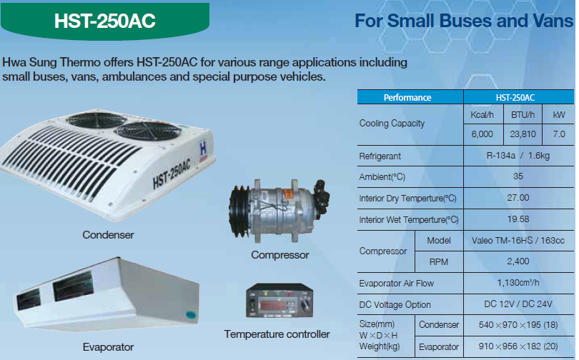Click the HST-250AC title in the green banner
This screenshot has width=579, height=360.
click(105, 21)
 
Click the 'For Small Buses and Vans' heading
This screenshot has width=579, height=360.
click(464, 21)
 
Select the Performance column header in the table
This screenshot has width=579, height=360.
click(407, 98)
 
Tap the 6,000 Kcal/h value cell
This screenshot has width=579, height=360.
click(482, 134)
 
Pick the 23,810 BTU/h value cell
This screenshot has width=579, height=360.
click(523, 134)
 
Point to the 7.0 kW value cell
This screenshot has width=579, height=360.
click(559, 134)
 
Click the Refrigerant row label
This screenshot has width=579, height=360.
click(380, 156)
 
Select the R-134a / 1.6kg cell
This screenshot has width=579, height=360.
click(518, 156)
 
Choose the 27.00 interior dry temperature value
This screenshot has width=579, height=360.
click(518, 198)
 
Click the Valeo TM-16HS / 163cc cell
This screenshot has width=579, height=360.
click(518, 241)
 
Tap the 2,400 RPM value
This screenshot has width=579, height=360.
click(518, 261)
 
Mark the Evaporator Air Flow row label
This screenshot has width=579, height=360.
click(397, 284)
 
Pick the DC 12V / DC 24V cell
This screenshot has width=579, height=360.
click(518, 304)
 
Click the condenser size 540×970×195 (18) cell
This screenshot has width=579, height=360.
click(518, 325)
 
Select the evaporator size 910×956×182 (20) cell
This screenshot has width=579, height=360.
click(518, 346)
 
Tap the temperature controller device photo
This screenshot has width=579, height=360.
click(279, 300)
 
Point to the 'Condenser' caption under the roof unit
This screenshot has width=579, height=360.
click(108, 235)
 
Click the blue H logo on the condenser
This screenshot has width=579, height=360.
click(203, 149)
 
